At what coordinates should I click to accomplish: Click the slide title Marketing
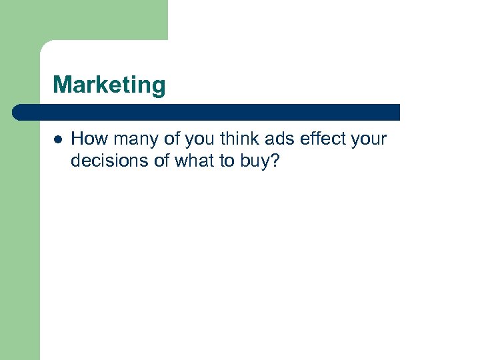click(109, 85)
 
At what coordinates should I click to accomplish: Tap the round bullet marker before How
click(58, 139)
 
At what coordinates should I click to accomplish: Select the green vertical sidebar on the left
click(19, 233)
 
